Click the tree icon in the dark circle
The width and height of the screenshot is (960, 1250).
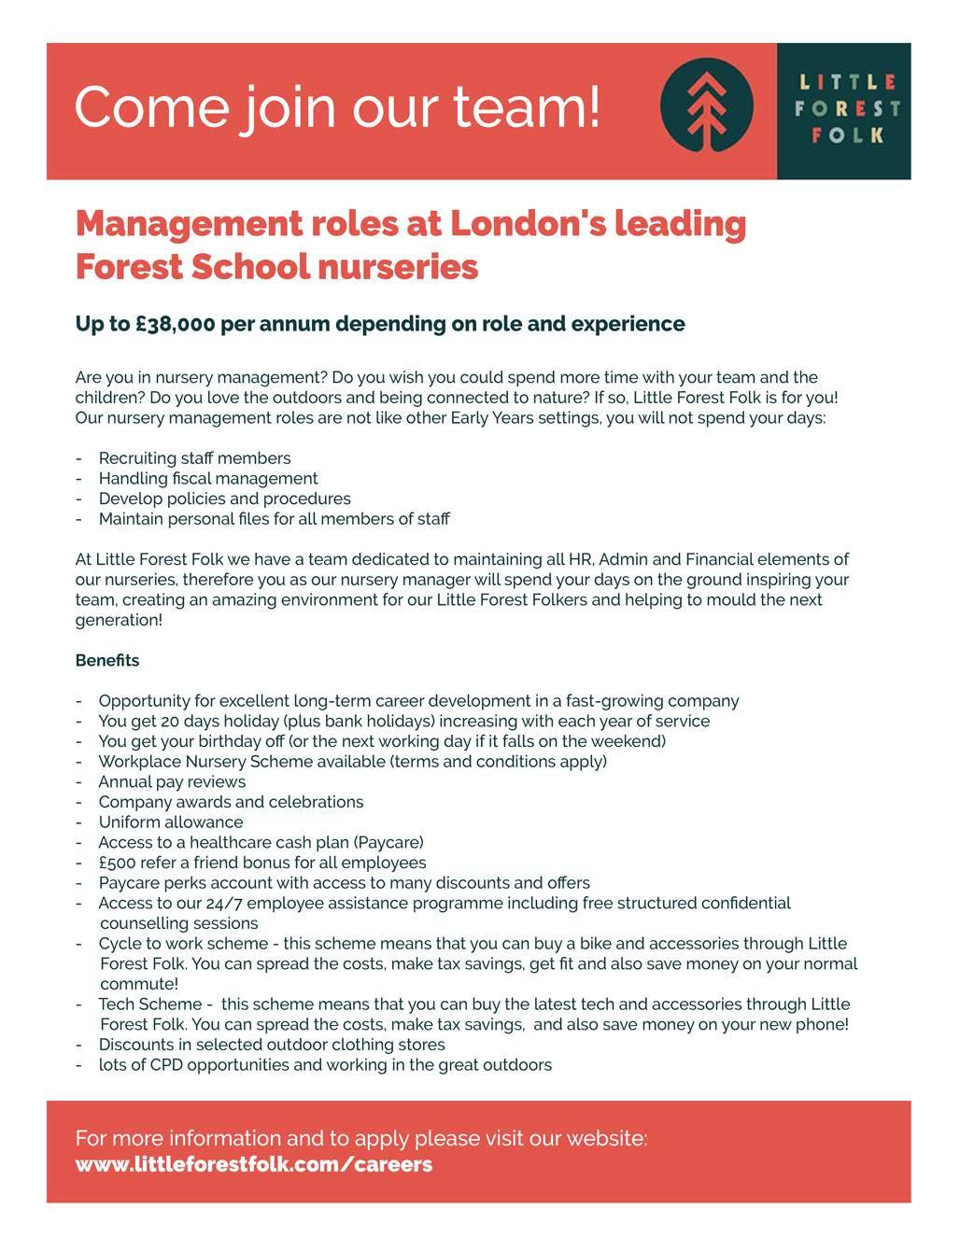point(706,110)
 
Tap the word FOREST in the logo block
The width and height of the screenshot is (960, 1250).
point(847,108)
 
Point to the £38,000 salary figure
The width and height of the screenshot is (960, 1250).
point(175,324)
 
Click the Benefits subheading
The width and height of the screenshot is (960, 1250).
point(107,660)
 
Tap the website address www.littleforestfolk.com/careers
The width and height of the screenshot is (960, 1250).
point(253,1164)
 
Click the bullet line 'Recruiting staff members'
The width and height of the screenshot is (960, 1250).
point(194,457)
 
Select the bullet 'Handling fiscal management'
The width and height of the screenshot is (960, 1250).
point(208,478)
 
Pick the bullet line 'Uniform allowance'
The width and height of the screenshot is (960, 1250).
point(171,822)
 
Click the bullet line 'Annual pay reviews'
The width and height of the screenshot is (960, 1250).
point(172,781)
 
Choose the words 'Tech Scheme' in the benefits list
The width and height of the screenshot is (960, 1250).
point(149,1004)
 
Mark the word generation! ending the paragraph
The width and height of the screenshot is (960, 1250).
point(119,620)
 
